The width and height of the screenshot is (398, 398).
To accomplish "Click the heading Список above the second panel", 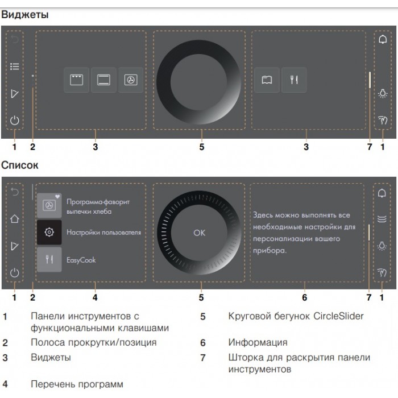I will point(20,166).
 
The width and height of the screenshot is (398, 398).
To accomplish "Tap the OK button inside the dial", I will point(199,232).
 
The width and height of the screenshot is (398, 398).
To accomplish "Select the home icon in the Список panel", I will point(15,218).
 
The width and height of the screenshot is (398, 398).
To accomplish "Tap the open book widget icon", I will point(267,80).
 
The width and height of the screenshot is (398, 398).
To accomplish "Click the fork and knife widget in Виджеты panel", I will point(293,80).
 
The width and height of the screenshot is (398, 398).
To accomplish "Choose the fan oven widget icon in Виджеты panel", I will point(131,80).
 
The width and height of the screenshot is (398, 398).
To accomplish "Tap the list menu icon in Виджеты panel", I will point(15,67).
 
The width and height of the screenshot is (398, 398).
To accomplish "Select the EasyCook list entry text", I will point(81,260).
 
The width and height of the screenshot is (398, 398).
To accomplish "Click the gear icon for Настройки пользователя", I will point(49,232).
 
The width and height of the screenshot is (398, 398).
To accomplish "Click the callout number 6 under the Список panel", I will point(305,297).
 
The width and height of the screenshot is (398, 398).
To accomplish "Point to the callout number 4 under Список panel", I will point(95,297).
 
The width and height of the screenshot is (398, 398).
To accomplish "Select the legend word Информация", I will point(258,343).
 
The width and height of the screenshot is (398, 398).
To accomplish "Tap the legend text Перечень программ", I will point(77,384).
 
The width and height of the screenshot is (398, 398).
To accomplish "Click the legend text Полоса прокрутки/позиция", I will point(93,343).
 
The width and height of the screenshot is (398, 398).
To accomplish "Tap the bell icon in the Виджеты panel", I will point(383,40).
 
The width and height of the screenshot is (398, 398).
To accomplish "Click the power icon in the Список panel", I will point(15,272).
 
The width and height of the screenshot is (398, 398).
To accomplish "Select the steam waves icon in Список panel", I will point(383,218).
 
